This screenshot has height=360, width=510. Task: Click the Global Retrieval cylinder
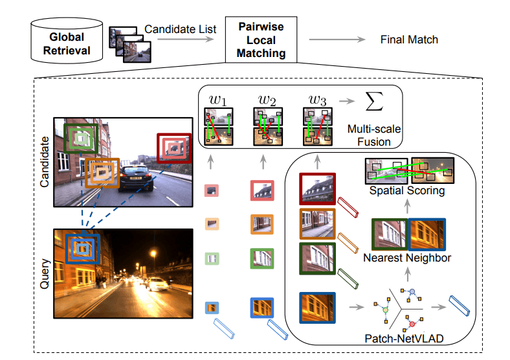point(67,41)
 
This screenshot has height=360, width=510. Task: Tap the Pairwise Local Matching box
point(261,39)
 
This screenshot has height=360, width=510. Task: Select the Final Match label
point(409,39)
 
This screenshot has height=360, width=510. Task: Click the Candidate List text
point(180,29)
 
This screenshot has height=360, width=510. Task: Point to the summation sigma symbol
point(374,101)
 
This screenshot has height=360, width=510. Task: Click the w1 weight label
point(218,100)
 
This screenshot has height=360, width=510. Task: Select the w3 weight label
point(317,100)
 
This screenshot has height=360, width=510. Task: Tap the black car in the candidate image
point(135,177)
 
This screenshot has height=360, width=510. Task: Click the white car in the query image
point(157,284)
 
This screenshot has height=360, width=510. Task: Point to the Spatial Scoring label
point(407,190)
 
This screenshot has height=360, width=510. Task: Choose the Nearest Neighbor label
point(407,258)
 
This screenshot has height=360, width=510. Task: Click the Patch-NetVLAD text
point(404,339)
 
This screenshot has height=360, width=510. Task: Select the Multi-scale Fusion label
point(374,135)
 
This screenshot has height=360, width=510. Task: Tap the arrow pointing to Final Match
point(337,39)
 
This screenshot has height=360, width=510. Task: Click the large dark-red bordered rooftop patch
point(317,189)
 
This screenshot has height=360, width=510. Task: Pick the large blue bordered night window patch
point(317,308)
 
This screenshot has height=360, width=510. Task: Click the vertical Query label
point(45,274)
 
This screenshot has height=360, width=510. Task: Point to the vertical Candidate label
point(45,162)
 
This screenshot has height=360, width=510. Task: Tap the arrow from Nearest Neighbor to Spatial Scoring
point(407,207)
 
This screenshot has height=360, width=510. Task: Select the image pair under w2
point(268,127)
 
